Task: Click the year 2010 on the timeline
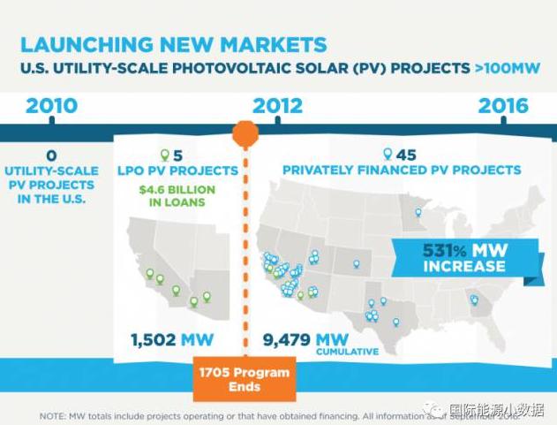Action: point(51,106)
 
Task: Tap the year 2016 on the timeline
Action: point(503,106)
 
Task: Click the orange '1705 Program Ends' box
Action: point(244,379)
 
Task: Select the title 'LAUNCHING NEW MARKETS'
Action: point(173,44)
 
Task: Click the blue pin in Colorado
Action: point(357,262)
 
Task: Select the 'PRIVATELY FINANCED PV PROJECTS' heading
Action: point(401,170)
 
